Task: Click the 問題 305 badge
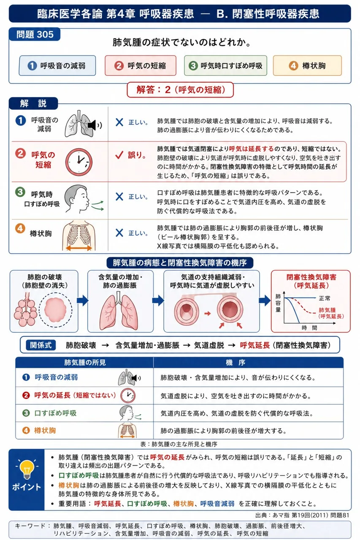pyautogui.click(x=35, y=35)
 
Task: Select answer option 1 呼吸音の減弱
pyautogui.click(x=57, y=65)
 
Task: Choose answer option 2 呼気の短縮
pyautogui.click(x=141, y=65)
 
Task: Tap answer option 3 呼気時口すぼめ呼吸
pyautogui.click(x=225, y=65)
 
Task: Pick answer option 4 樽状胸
pyautogui.click(x=307, y=65)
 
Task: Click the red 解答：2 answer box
pyautogui.click(x=180, y=90)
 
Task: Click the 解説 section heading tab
pyautogui.click(x=33, y=103)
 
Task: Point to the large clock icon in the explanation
pyautogui.click(x=79, y=162)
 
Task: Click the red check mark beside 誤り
pyautogui.click(x=119, y=155)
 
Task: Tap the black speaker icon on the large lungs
pyautogui.click(x=93, y=125)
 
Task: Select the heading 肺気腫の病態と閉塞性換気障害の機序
pyautogui.click(x=180, y=262)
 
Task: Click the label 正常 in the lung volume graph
pyautogui.click(x=324, y=298)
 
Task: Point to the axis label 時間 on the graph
pyautogui.click(x=309, y=328)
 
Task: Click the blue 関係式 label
pyautogui.click(x=41, y=345)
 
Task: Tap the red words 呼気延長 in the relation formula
pyautogui.click(x=254, y=345)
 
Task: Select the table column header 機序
pyautogui.click(x=235, y=362)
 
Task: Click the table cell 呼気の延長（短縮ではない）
pyautogui.click(x=75, y=395)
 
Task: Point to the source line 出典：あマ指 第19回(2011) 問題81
pyautogui.click(x=302, y=515)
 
